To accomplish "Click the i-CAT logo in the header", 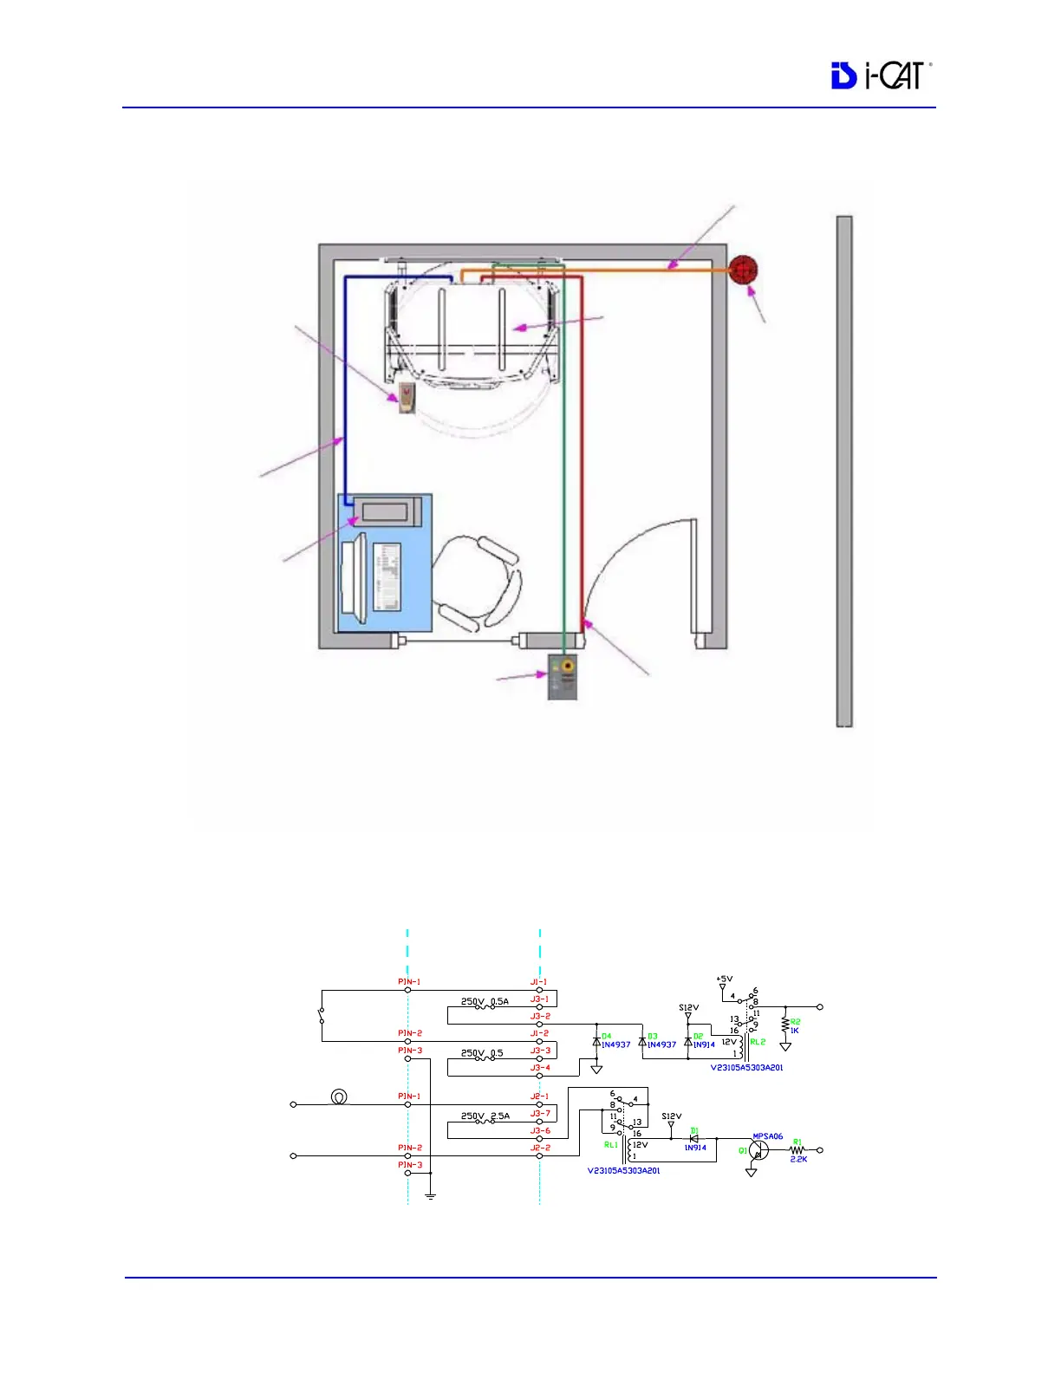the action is pyautogui.click(x=880, y=75).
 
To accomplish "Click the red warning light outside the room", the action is pyautogui.click(x=743, y=270).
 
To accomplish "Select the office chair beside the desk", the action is pyautogui.click(x=478, y=582).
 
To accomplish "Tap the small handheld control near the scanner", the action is pyautogui.click(x=406, y=398).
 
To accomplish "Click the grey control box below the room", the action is pyautogui.click(x=563, y=678).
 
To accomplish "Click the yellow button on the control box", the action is pyautogui.click(x=568, y=667).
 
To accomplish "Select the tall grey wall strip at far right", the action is pyautogui.click(x=843, y=471).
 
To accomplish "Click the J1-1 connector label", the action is pyautogui.click(x=539, y=982).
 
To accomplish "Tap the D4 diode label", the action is pyautogui.click(x=606, y=1036).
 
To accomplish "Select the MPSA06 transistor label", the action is pyautogui.click(x=767, y=1136).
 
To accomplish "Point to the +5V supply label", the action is pyautogui.click(x=724, y=979).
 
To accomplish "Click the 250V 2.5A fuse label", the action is pyautogui.click(x=485, y=1116).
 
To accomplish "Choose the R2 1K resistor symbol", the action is pyautogui.click(x=785, y=1025).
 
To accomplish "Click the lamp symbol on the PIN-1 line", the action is pyautogui.click(x=340, y=1097).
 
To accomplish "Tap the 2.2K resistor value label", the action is pyautogui.click(x=798, y=1160).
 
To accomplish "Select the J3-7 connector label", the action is pyautogui.click(x=540, y=1114).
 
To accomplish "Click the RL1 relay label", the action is pyautogui.click(x=611, y=1145).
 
